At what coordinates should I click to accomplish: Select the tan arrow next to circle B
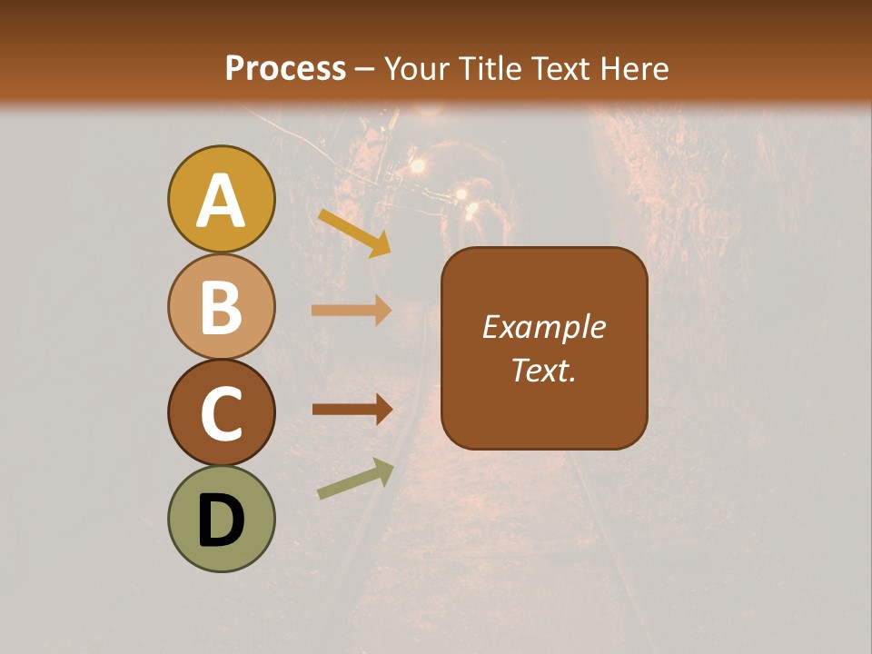point(352,311)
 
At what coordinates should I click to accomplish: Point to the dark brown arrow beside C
point(352,410)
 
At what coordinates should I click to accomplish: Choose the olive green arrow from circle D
point(355,479)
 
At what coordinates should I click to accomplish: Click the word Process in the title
point(285,68)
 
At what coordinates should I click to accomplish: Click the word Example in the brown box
point(544,327)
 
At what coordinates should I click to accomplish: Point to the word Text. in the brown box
point(544,370)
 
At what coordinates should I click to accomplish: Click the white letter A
point(221,202)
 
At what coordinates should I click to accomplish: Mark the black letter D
point(221,521)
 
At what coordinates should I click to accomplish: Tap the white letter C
point(221,414)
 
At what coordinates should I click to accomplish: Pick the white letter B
point(221,308)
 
